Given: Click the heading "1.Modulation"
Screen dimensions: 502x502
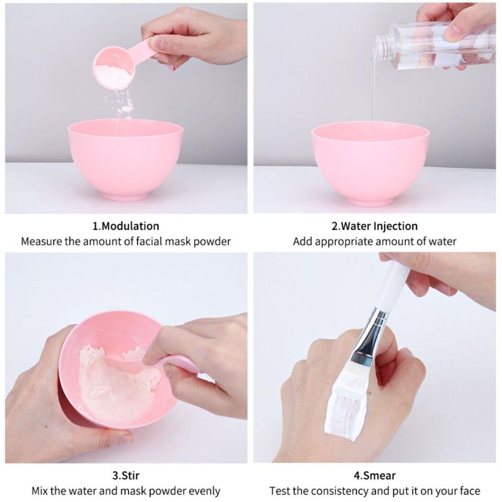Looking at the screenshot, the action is click(126, 226).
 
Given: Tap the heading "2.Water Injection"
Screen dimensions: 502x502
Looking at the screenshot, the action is click(374, 226).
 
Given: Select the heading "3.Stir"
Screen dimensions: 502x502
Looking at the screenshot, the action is click(126, 475).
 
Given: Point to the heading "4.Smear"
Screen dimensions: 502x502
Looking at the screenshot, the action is click(374, 475).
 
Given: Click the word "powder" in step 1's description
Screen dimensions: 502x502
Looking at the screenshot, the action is click(212, 242).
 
